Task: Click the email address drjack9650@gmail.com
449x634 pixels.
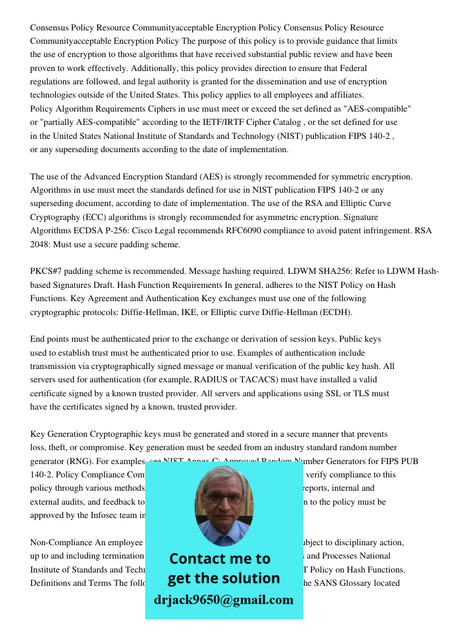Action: tap(223, 600)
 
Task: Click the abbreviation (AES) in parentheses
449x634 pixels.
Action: tap(212, 176)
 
